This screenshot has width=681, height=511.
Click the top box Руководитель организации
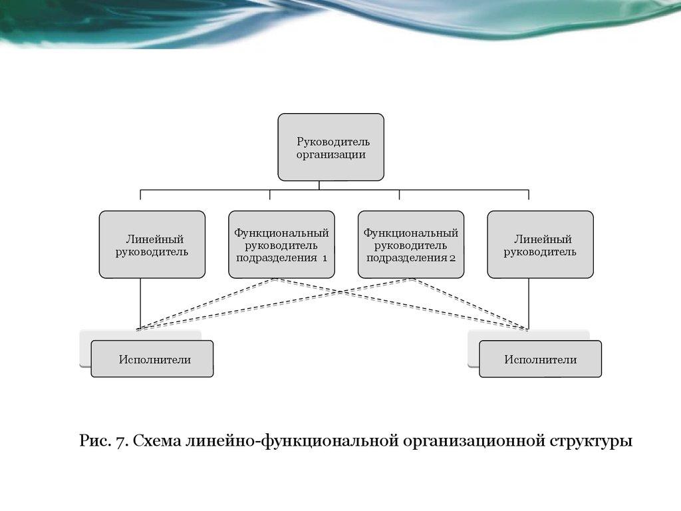[x=331, y=147]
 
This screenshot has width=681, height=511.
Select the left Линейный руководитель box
[x=152, y=244]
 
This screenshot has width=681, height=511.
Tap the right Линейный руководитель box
[x=540, y=244]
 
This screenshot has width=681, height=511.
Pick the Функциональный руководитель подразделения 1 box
[x=281, y=244]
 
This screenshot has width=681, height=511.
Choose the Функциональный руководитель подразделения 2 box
[x=410, y=244]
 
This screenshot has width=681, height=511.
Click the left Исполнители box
[x=152, y=359]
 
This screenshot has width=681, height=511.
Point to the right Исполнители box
[x=540, y=359]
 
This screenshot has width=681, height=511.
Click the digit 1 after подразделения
[x=325, y=258]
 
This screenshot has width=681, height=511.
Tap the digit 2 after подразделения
[x=452, y=258]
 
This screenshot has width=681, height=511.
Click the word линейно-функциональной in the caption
[x=293, y=440]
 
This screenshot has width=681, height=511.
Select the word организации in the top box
[x=331, y=154]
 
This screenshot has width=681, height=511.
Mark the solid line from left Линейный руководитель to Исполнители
[x=140, y=303]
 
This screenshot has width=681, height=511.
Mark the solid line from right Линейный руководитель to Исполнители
[x=528, y=303]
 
